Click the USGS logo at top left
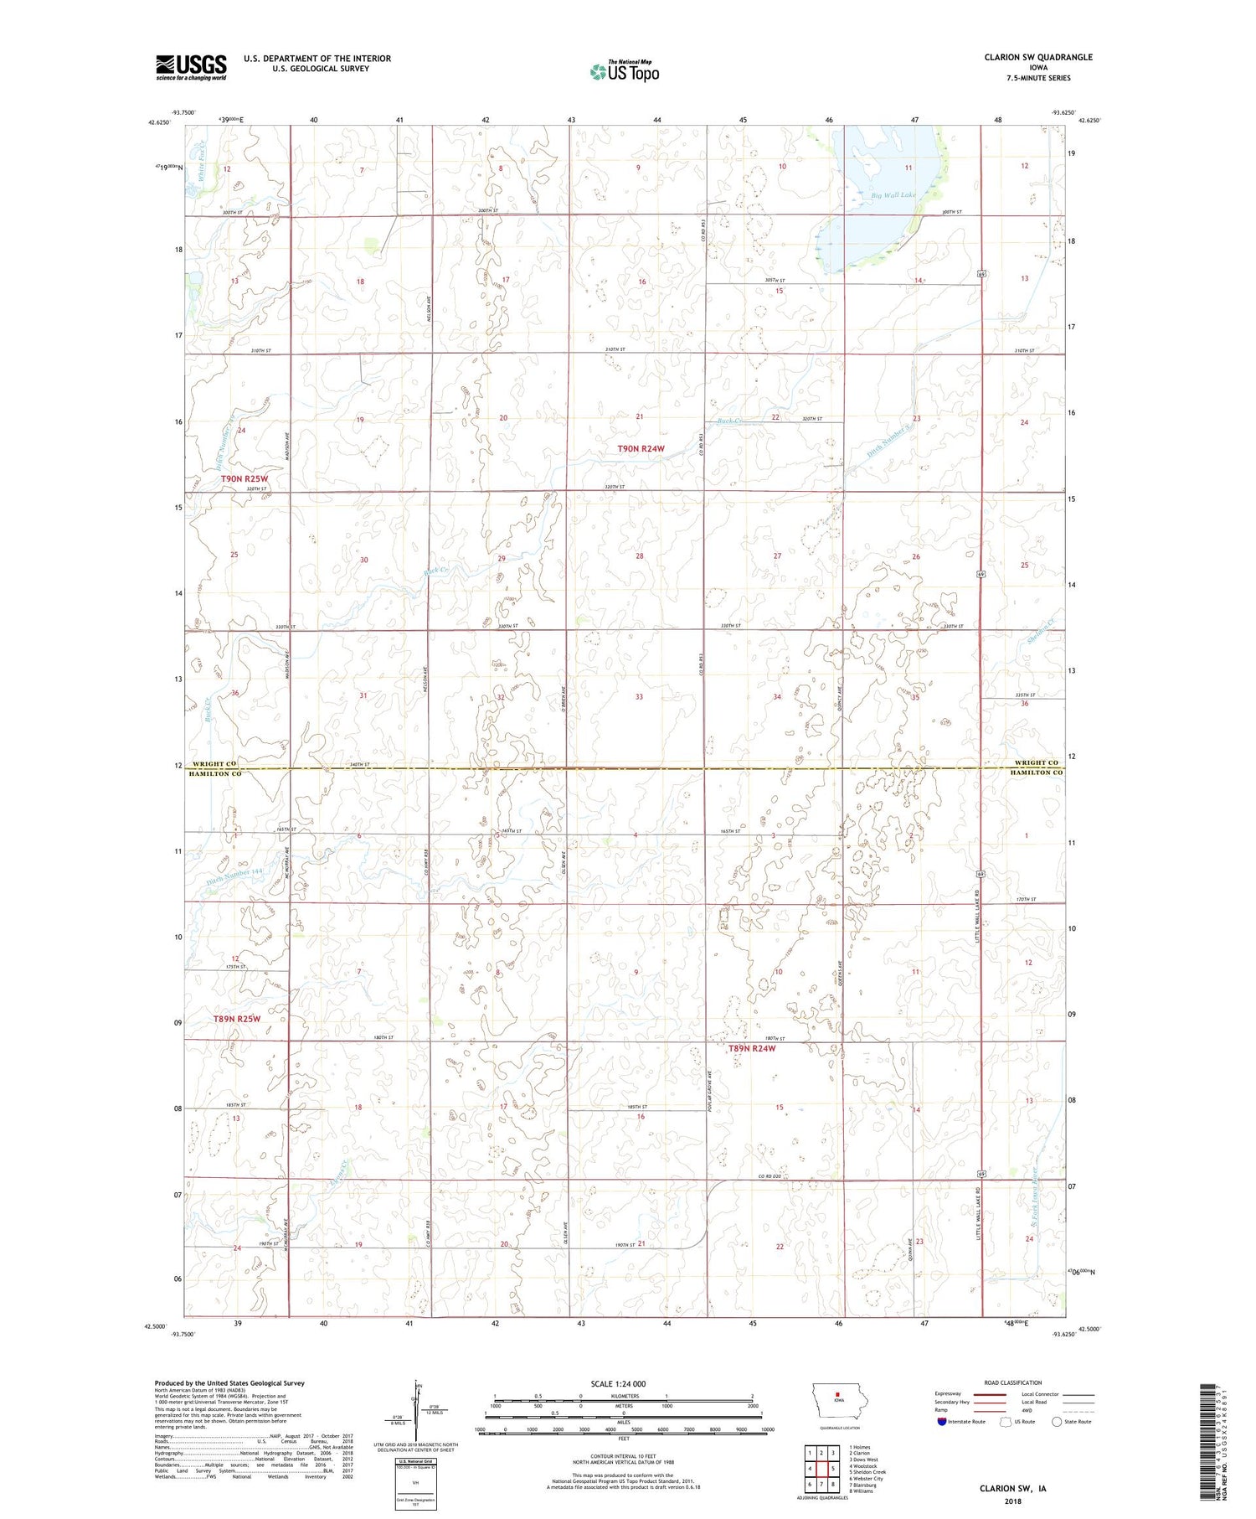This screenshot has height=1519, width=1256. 191,67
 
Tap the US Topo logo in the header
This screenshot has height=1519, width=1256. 624,72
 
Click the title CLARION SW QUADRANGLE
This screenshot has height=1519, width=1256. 1038,57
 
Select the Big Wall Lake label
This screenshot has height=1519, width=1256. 893,195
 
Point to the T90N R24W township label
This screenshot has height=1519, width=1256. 641,449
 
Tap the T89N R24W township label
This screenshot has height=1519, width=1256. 751,1048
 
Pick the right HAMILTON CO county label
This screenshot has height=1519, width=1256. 1036,772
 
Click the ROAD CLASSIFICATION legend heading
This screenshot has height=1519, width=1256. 1013,1382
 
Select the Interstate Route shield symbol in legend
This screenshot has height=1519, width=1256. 942,1421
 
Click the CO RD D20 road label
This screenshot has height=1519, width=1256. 770,1176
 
